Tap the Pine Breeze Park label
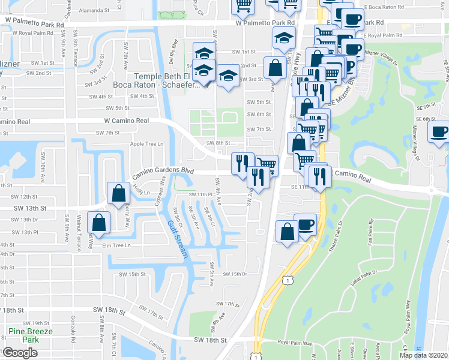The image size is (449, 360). click(x=31, y=335)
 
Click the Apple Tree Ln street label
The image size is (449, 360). click(x=147, y=144)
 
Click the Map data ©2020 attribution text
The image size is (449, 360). click(x=423, y=355)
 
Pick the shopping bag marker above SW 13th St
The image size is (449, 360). click(x=118, y=193)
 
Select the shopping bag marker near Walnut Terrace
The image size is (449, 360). click(x=98, y=223)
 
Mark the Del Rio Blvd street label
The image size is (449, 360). click(x=175, y=52)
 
